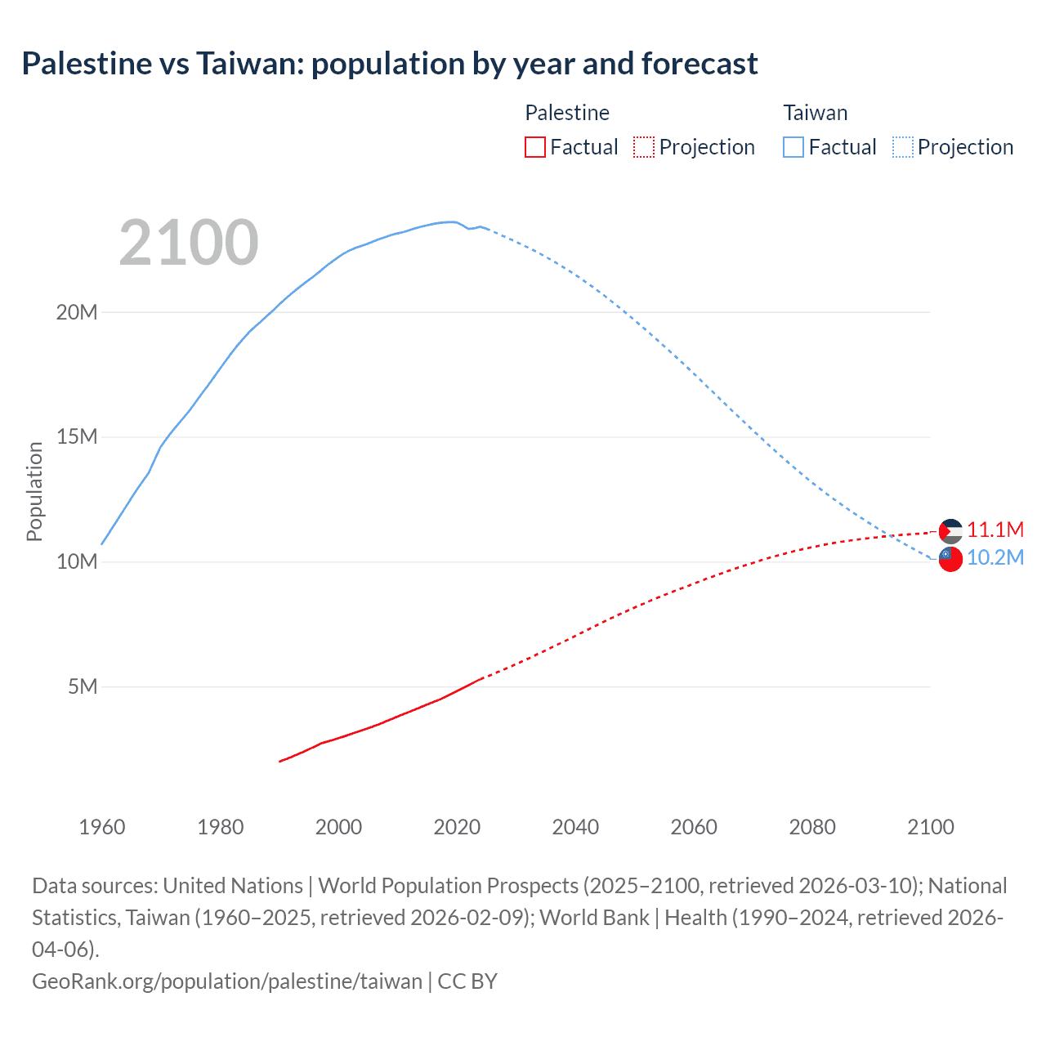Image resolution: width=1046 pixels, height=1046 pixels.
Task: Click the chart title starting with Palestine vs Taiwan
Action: click(x=390, y=64)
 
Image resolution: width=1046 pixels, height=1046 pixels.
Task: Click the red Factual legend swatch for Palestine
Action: click(x=534, y=147)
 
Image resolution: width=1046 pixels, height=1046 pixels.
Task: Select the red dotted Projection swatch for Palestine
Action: click(x=644, y=147)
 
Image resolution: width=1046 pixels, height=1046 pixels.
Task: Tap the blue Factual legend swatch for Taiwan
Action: click(x=793, y=147)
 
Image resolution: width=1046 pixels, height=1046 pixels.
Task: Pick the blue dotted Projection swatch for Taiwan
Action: click(x=903, y=147)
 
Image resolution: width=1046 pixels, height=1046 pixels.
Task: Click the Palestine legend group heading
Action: click(x=567, y=113)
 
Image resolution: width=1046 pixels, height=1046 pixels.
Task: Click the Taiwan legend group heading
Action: click(x=815, y=113)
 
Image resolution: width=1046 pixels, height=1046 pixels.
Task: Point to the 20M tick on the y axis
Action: click(x=77, y=312)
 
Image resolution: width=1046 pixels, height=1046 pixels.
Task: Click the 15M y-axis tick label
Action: click(x=77, y=437)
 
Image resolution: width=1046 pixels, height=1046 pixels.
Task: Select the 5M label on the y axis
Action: click(x=83, y=686)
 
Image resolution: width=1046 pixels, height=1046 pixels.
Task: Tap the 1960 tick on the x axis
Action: click(x=102, y=827)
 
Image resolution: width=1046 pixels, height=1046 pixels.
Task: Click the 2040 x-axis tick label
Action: click(x=575, y=827)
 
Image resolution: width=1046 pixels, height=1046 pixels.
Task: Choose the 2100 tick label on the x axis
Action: click(x=931, y=827)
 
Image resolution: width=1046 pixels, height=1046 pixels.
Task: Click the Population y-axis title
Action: click(x=34, y=491)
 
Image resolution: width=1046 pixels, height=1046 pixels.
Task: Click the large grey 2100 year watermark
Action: click(x=189, y=243)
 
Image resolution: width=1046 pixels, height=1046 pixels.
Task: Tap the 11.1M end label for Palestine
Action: click(x=995, y=530)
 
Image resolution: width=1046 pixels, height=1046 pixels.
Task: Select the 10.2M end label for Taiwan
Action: click(x=995, y=558)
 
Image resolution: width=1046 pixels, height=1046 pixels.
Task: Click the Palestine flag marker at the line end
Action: click(x=950, y=531)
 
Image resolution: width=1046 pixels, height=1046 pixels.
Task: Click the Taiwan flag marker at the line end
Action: click(x=950, y=560)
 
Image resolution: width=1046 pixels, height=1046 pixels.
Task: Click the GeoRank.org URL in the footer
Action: click(x=227, y=981)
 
